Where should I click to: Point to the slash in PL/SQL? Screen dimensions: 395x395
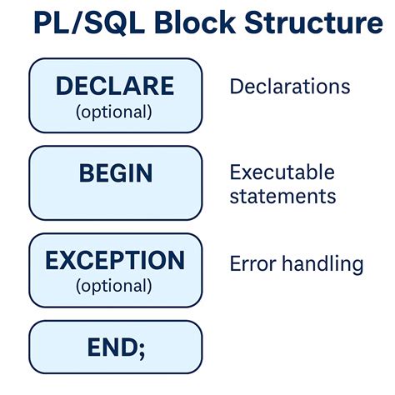71,23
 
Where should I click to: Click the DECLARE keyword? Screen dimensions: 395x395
115,86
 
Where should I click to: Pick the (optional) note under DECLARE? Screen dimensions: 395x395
115,112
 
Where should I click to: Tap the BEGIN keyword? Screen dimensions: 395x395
115,173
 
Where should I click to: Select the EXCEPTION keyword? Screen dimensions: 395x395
115,261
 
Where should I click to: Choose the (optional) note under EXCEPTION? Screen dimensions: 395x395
115,286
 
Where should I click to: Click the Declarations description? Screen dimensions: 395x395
289,87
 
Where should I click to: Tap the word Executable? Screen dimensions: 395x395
282,172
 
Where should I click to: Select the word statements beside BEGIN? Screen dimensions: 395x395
282,197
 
